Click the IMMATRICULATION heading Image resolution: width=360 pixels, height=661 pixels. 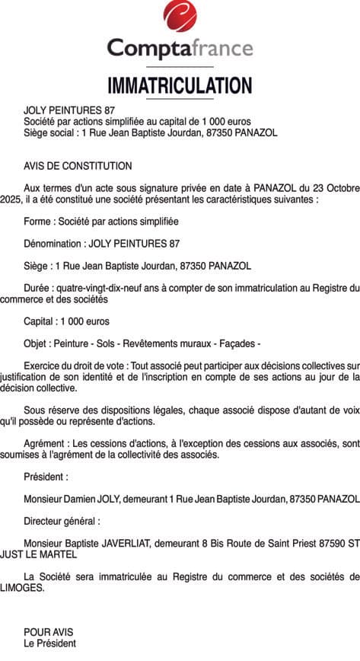[x=180, y=85]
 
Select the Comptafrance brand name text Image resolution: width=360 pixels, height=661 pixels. [x=180, y=49]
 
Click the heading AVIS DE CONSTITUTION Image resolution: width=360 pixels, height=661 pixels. [x=78, y=166]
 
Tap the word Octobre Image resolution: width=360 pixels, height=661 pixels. [x=341, y=188]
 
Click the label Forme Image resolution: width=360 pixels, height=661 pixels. [x=38, y=222]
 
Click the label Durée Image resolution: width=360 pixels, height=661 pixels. [x=37, y=288]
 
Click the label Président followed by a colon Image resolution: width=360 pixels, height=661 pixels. [x=46, y=477]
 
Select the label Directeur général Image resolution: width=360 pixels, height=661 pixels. [x=61, y=521]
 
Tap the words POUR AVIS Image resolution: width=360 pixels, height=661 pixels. [x=48, y=632]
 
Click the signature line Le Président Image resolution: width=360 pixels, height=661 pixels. [x=49, y=643]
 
